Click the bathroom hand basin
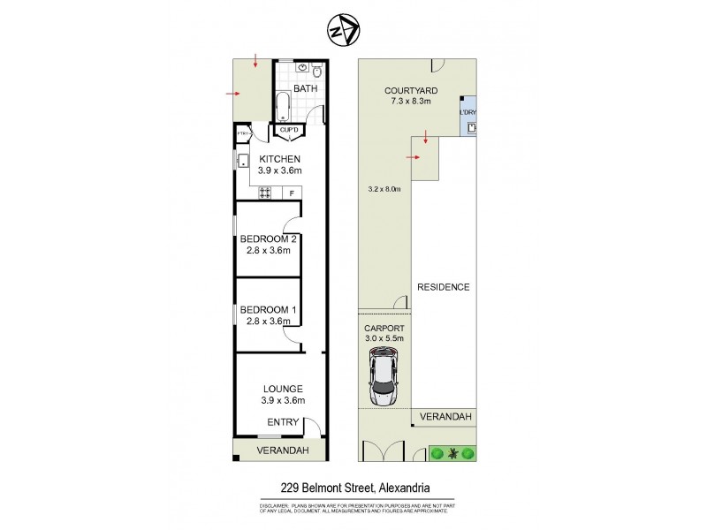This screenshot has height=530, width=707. tap(304, 67)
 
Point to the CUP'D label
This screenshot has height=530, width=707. tap(289, 131)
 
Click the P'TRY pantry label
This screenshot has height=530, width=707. tap(243, 134)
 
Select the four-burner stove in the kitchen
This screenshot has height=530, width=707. tap(264, 193)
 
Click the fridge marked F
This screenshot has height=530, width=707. tap(291, 193)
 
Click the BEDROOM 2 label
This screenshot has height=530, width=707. tap(268, 238)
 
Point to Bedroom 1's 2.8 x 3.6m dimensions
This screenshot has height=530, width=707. tap(268, 322)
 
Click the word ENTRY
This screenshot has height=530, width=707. tap(282, 422)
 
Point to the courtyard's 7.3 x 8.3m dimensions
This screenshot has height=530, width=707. tap(407, 102)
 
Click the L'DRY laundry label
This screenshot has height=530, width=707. tap(468, 112)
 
